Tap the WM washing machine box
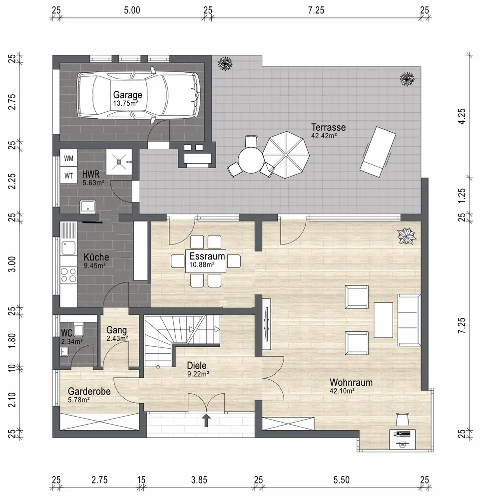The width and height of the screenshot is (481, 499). pos(68,158)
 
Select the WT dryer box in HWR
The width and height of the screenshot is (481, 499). pos(68,175)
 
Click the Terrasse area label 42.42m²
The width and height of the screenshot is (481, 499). pos(324,136)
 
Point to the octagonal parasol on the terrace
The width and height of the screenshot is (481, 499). pos(286,155)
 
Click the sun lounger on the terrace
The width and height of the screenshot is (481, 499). pos(378,152)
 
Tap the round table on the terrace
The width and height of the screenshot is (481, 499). pos(251,161)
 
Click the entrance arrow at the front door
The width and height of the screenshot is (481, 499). pos(206,420)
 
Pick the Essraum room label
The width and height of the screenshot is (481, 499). pos(207,256)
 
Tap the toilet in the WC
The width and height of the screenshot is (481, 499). pos(78,329)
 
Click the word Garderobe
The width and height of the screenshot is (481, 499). pos(89,391)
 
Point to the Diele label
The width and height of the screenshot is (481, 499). pos(196,365)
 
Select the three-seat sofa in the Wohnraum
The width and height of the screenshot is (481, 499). pos(409,320)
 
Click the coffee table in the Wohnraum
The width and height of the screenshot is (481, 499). pos(383,320)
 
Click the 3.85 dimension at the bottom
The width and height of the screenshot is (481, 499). pos(199,480)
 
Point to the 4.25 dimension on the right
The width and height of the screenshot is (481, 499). pos(462,116)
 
